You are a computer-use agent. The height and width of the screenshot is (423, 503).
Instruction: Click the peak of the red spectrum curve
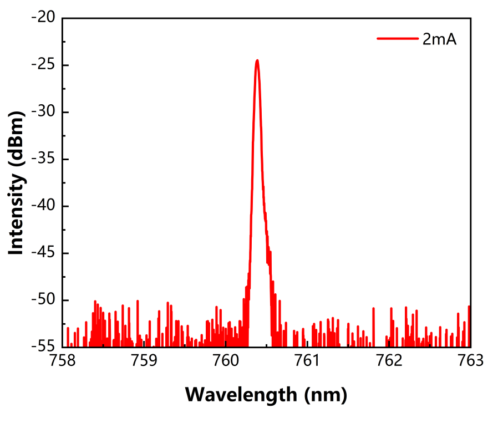[257, 60]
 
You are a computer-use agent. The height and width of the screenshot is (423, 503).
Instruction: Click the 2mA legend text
[440, 39]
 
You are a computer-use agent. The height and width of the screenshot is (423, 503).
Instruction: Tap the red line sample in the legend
[398, 39]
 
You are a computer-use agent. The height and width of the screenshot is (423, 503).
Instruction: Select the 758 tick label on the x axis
[62, 361]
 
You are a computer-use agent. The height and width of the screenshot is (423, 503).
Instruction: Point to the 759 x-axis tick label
[144, 361]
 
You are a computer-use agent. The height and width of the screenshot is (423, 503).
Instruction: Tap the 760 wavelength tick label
[225, 361]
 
